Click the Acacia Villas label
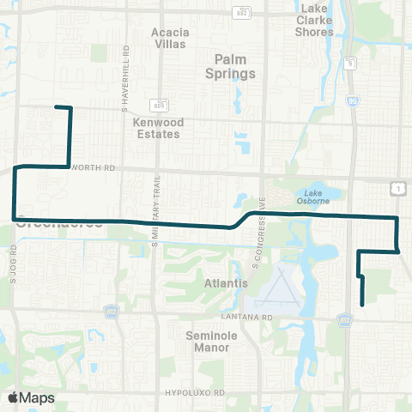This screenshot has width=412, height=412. tap(170, 39)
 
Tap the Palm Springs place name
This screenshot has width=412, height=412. tap(235, 67)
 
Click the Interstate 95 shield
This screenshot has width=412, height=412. tap(354, 100)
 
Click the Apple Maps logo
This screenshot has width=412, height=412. tap(31, 397)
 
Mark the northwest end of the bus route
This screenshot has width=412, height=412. tap(57, 107)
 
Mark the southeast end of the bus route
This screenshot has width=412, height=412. tap(363, 304)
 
